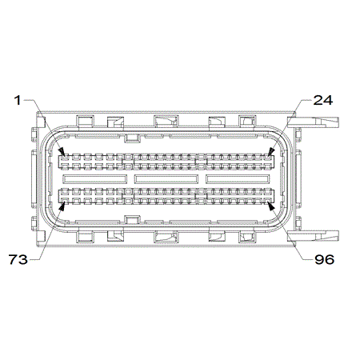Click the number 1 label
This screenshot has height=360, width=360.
point(18,101)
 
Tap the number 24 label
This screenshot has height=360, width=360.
point(323,100)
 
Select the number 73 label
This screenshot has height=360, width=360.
point(18,259)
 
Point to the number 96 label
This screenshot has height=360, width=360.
point(325,259)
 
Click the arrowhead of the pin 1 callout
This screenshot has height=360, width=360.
point(62,153)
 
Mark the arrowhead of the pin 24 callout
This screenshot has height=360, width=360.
point(270,152)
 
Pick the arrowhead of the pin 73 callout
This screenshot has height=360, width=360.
point(62,206)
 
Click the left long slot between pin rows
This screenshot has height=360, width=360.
point(94,179)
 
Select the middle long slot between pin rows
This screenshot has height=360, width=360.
point(166,179)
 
